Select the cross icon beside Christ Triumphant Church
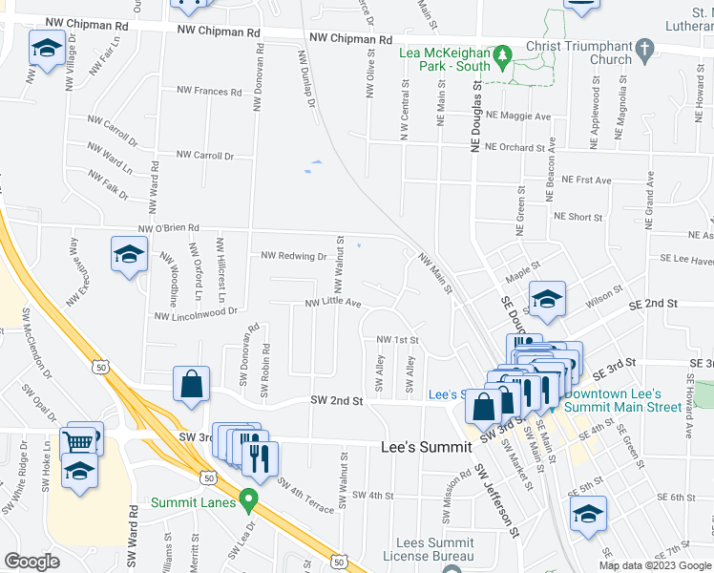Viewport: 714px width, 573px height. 644,47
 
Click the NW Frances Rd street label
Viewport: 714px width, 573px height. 209,91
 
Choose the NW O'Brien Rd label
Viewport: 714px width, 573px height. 168,228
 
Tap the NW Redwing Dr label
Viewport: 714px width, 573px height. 294,256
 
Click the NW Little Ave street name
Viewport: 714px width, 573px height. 332,303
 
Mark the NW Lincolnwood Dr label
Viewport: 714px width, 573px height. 195,311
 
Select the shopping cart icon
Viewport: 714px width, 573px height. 78,441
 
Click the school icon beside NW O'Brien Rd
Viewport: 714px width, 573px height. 129,255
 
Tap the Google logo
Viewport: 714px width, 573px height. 31,562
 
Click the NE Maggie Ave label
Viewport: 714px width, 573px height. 518,116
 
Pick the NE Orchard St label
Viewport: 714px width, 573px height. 514,147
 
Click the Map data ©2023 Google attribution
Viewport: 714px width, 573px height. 654,565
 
